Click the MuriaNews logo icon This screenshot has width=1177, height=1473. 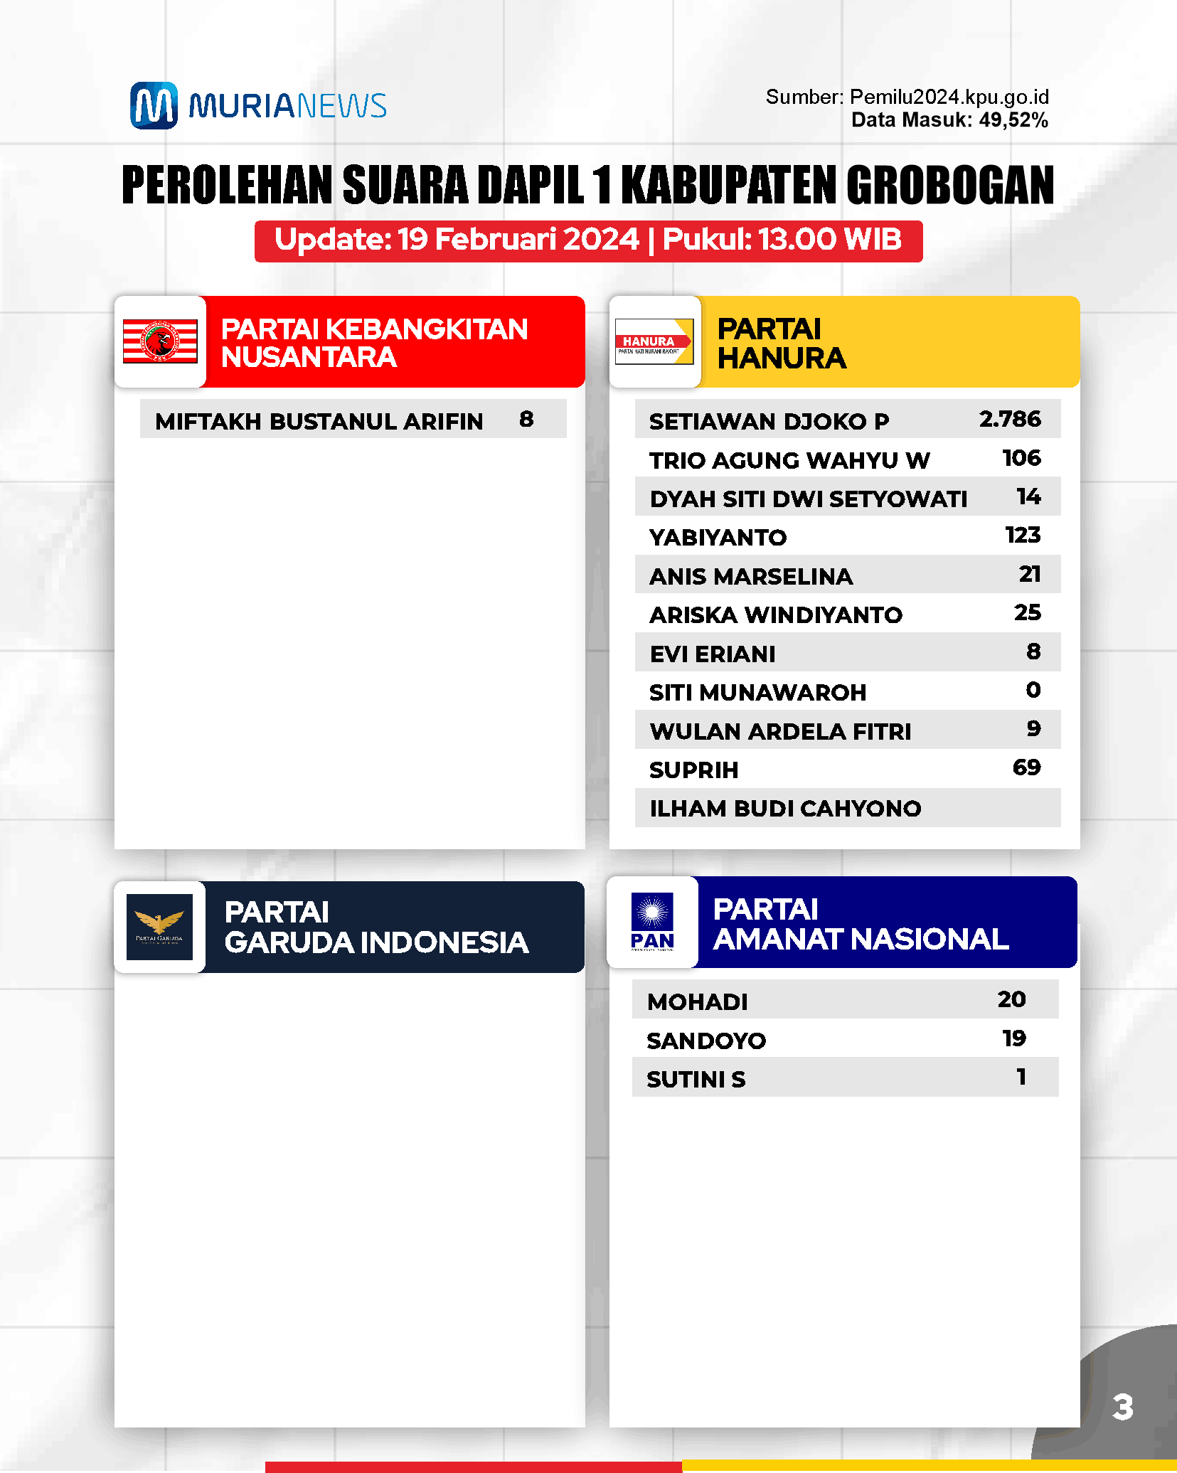point(154,105)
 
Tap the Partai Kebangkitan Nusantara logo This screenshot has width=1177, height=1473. point(160,341)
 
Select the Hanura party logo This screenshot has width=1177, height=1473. point(654,341)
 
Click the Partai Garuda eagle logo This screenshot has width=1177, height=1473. point(159,926)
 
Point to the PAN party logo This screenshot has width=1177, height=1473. point(652,922)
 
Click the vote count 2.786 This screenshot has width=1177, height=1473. point(1010,419)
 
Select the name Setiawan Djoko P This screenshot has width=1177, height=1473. point(769,421)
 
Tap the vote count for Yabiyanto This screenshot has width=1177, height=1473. point(1023,535)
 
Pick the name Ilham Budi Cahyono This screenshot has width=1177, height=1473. point(785,809)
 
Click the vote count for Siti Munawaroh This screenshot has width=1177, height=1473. point(1033,690)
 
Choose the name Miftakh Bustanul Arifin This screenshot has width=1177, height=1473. point(319,421)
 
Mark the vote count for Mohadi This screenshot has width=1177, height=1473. point(1011,999)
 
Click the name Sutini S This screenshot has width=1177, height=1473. point(696,1080)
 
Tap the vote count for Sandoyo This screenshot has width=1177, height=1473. point(1014,1038)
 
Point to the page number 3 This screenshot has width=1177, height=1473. point(1122,1407)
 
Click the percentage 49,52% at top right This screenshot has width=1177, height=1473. point(1013,119)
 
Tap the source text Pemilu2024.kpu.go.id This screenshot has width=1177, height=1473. point(949,97)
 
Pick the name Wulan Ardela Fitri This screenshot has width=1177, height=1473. point(780,731)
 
